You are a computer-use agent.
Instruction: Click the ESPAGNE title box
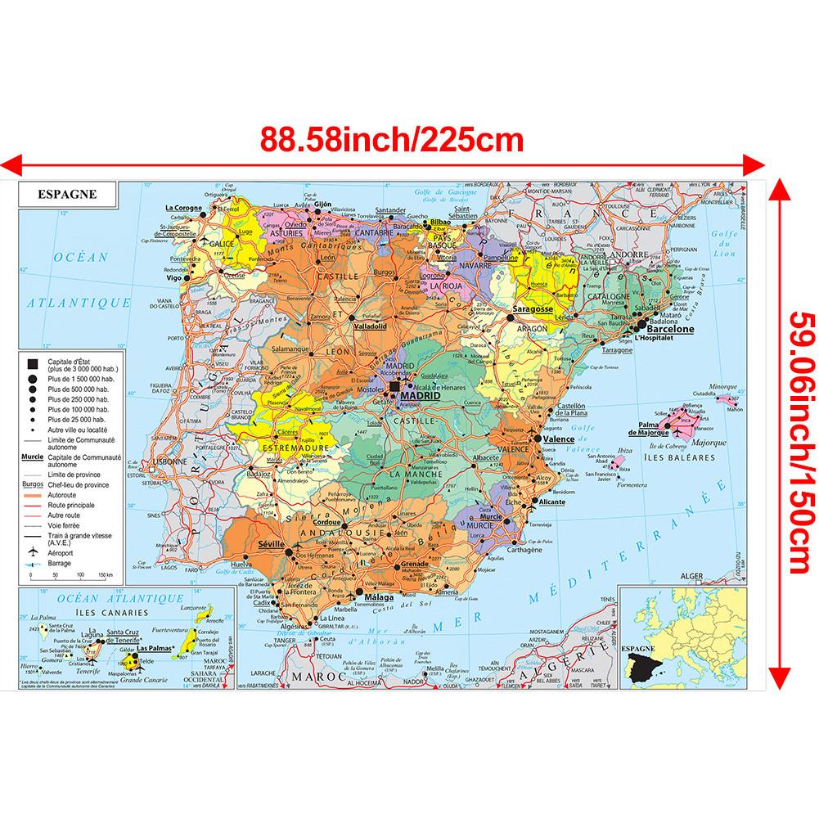pos(67,195)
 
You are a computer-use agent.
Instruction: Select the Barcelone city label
pos(670,329)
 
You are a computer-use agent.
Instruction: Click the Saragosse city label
pos(534,310)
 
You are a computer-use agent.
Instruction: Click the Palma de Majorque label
pos(643,428)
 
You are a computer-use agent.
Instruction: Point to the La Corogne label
pos(183,208)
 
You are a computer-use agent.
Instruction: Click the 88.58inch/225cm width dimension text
pos(392,138)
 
